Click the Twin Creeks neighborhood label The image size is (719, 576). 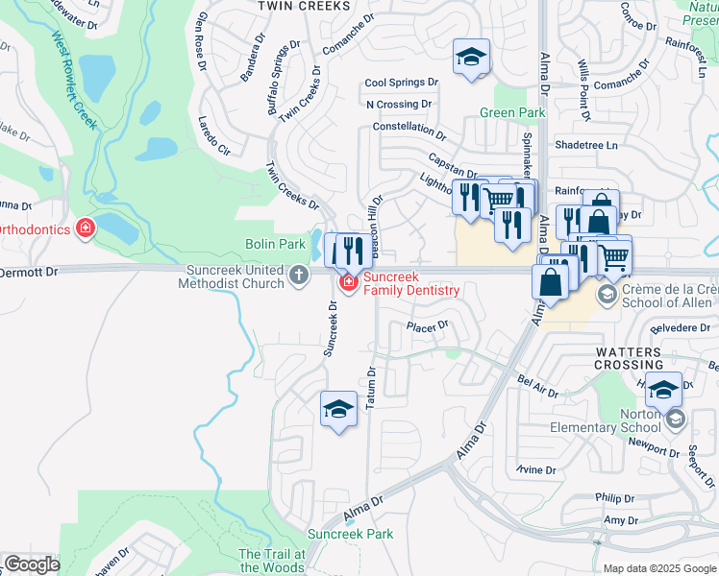[302, 6]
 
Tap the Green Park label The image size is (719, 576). [512, 113]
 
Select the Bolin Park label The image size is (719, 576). [273, 246]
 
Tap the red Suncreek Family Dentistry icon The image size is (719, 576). [347, 283]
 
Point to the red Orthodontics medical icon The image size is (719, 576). [86, 228]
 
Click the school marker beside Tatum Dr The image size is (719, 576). [338, 411]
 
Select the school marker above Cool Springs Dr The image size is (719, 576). [472, 58]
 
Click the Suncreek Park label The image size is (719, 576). [351, 534]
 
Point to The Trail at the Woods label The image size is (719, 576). [272, 561]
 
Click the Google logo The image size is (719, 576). [32, 564]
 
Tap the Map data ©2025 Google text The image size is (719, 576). [658, 568]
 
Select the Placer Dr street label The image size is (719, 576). [428, 326]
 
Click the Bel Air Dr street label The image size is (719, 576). [537, 386]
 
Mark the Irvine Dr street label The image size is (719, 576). [535, 469]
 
